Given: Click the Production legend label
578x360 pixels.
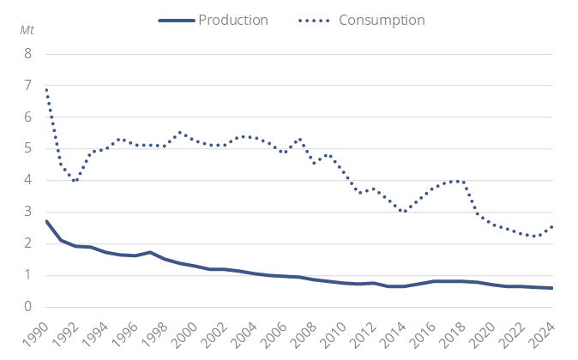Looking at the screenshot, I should coord(233,19).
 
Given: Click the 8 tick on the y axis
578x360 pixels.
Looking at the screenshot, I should coord(27,53).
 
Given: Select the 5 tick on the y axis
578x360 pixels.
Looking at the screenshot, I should coord(27,148).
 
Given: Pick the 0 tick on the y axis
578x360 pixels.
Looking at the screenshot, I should coord(27,307).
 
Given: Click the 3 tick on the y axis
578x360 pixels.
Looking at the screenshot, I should coord(27,212).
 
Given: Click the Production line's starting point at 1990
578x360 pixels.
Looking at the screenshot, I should coord(46,221).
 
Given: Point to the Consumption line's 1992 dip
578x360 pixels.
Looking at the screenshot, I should coord(76,181).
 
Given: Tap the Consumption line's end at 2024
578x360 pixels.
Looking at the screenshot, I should coord(551,226).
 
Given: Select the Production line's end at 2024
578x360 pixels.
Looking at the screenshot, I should coord(551,288).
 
